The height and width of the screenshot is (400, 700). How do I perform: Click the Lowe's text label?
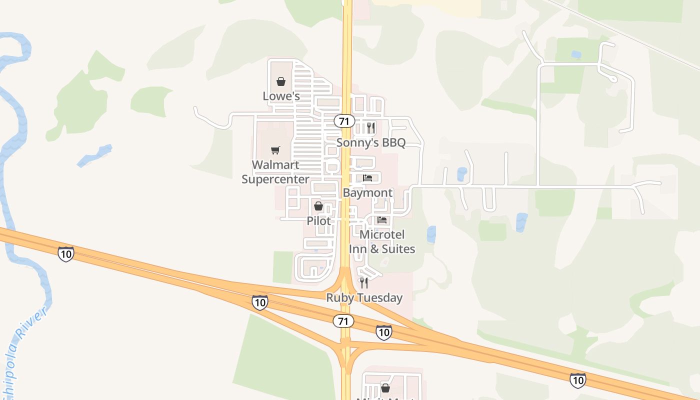281,95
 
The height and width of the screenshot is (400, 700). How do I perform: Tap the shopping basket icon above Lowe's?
281,81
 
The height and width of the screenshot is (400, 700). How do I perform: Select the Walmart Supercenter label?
275,172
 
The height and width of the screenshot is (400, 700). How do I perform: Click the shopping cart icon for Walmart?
275,150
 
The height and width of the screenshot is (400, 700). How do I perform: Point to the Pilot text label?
318,220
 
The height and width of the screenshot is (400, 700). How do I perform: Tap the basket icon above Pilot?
318,206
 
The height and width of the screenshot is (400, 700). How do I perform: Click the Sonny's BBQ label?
370,142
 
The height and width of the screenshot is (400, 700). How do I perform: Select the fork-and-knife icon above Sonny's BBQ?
370,128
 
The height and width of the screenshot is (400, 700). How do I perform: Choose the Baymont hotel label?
368,192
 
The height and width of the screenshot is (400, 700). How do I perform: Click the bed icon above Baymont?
368,178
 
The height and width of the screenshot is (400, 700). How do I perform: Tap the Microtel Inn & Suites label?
382,241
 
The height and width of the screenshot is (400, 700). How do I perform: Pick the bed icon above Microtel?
382,220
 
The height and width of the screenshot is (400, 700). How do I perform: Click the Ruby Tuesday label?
364,297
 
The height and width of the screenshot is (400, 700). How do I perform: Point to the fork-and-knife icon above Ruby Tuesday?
364,283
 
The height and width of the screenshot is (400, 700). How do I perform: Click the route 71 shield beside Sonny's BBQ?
344,121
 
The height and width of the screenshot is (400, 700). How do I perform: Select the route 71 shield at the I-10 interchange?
343,321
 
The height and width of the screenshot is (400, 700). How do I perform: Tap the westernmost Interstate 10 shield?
65,254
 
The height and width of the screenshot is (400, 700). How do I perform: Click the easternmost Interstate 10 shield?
577,380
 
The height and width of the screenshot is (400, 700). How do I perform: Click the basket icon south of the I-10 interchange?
385,387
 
